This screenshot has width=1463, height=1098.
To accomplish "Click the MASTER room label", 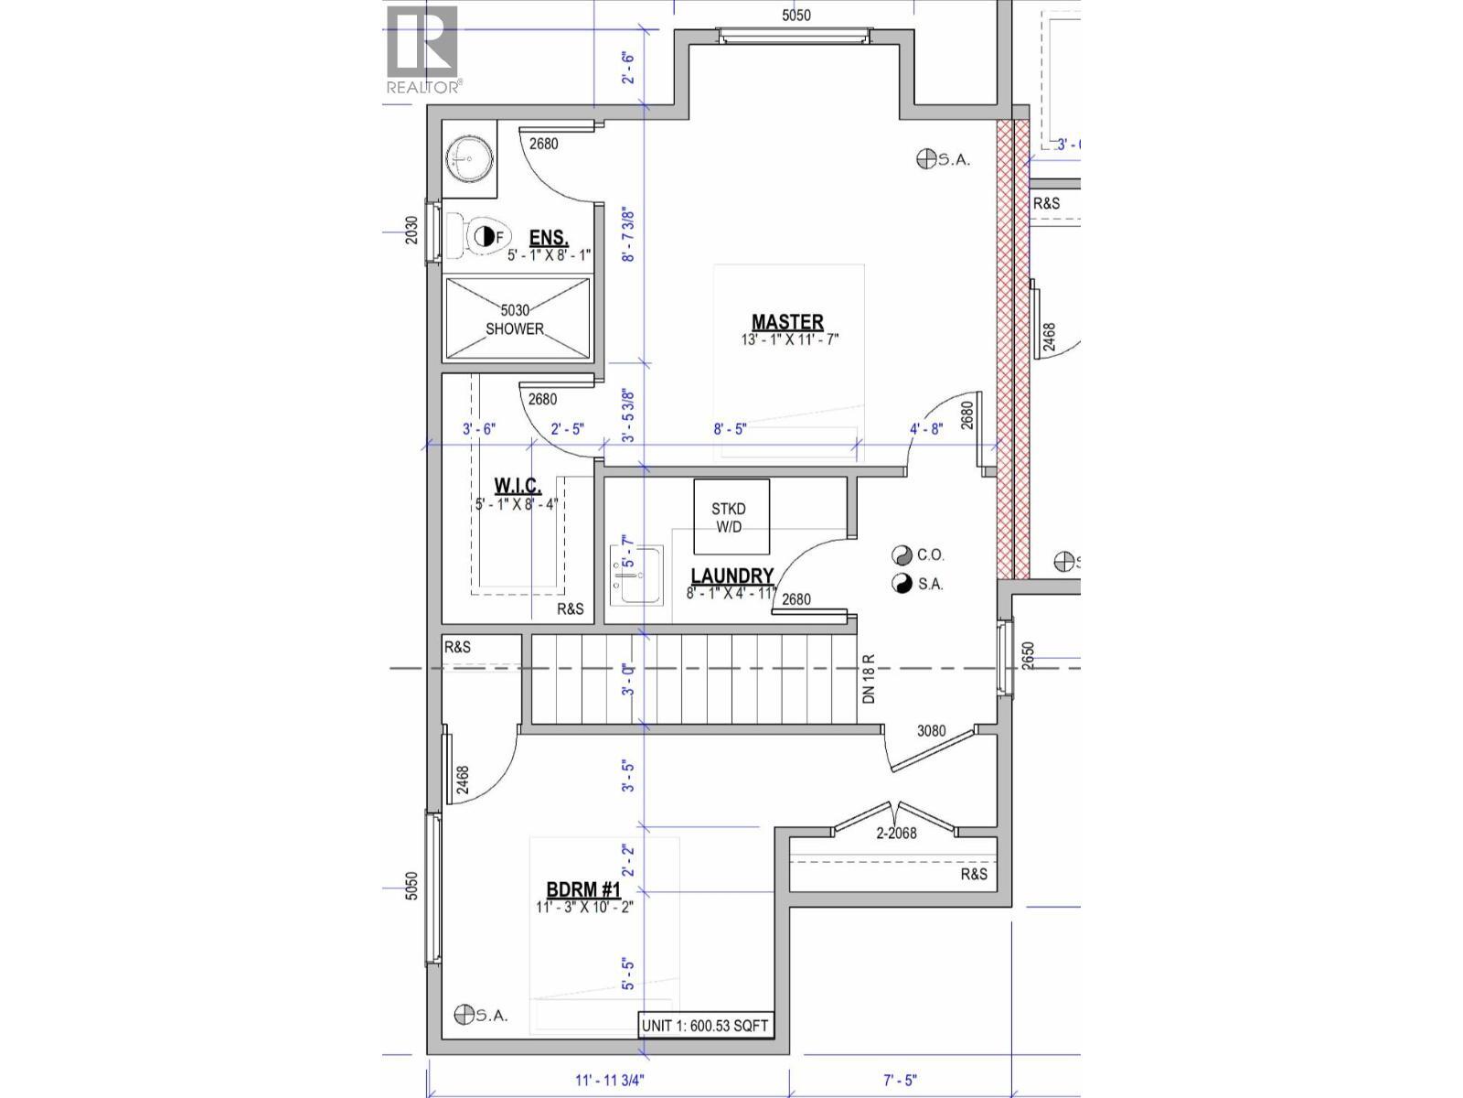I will coord(787,323).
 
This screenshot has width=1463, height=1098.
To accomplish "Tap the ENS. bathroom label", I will coord(549,237).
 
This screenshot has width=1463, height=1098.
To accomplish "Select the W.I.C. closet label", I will coord(518,486).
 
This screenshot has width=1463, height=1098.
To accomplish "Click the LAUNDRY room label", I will coord(731,576).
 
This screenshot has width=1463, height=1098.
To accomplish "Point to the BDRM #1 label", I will coord(583,890).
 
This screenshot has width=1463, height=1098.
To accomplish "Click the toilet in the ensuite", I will coord(479,237).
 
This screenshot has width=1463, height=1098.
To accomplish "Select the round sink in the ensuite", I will coord(469,159).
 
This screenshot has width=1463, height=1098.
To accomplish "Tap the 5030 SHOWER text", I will coord(515,319).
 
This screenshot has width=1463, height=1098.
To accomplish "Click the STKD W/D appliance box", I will coord(731,516).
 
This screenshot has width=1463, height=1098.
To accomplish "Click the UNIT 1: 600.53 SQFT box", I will coord(705,1026).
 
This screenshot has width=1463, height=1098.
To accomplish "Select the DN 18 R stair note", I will coord(869,678).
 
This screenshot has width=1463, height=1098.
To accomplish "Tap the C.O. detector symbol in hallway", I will coord(902,555).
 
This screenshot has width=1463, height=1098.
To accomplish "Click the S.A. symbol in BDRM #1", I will coord(465,1015).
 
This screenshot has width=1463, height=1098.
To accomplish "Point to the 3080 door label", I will coord(931,731).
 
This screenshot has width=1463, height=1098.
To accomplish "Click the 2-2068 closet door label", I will coord(896,833).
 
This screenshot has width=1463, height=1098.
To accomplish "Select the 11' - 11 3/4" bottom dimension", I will coord(609,1080).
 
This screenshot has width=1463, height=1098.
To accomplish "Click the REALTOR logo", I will coord(422,50).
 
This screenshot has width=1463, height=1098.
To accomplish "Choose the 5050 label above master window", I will coord(796,15).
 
